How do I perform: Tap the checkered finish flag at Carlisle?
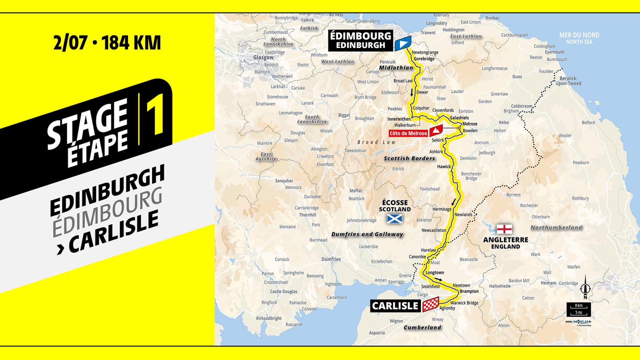tap(431, 305)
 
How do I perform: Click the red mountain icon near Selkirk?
tap(436, 130)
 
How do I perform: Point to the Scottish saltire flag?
tap(394, 218)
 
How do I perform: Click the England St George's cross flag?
tap(504, 229)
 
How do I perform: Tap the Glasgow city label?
tap(264, 58)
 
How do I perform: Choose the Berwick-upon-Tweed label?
tap(568, 81)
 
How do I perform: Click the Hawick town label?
tap(444, 166)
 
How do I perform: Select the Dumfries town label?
tap(331, 259)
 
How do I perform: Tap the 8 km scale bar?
tap(578, 306)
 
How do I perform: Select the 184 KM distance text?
tap(132, 43)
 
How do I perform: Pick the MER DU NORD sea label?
tap(579, 35)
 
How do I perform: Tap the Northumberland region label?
tap(556, 228)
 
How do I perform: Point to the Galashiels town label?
tap(459, 118)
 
